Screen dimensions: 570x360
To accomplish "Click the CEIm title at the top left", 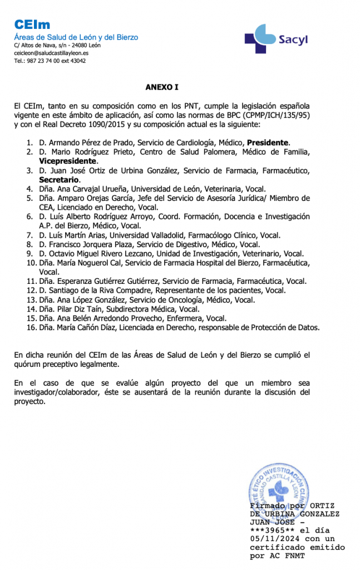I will pyautogui.click(x=32, y=24).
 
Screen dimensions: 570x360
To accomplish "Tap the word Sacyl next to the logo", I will pyautogui.click(x=293, y=40).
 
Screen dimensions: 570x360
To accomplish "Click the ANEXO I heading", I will pyautogui.click(x=162, y=87).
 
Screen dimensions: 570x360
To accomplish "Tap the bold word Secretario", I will pyautogui.click(x=60, y=180).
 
